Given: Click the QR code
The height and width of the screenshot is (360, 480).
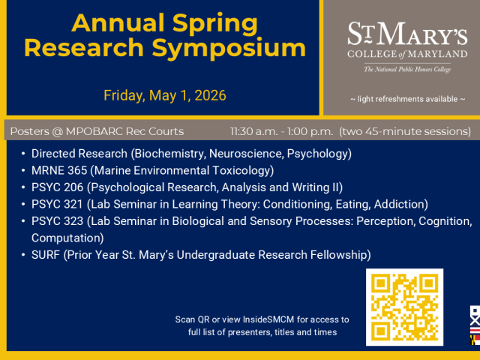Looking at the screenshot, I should [x=404, y=307].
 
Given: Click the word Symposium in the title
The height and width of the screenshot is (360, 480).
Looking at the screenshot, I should [x=235, y=49].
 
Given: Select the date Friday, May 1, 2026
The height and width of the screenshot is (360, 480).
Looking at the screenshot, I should [x=164, y=96].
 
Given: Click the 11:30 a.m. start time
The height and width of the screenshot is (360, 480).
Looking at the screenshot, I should [x=258, y=131].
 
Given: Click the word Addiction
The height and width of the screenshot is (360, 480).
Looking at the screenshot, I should [x=399, y=204].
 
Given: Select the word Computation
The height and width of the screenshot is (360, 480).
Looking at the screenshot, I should [x=66, y=238].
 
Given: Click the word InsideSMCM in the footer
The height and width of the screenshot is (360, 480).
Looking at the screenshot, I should [x=272, y=319].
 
